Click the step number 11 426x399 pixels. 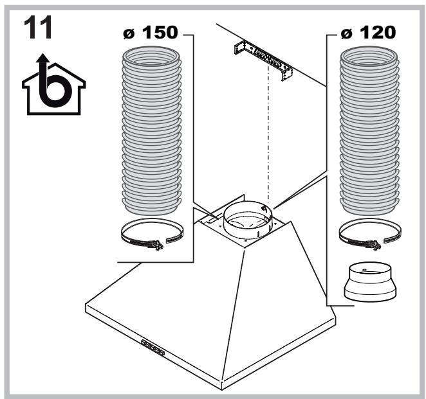pos(38,28)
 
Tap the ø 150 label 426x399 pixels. pos(151,32)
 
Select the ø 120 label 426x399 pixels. pos(368,33)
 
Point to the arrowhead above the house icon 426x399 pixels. pos(43,58)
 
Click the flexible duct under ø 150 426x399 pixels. pos(151,130)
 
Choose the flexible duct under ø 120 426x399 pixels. pos(369,130)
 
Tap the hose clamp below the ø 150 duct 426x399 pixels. pos(152,234)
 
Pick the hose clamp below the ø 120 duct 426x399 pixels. pos(370,234)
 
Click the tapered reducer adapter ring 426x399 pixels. pos(370,282)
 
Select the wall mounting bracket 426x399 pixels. pos(263,60)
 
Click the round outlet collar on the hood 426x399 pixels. pos(248,220)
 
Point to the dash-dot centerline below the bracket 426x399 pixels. pos(268,136)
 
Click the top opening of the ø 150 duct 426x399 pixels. pos(151,57)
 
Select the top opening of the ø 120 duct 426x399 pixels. pos(369,57)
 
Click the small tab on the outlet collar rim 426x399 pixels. pos(263,209)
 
